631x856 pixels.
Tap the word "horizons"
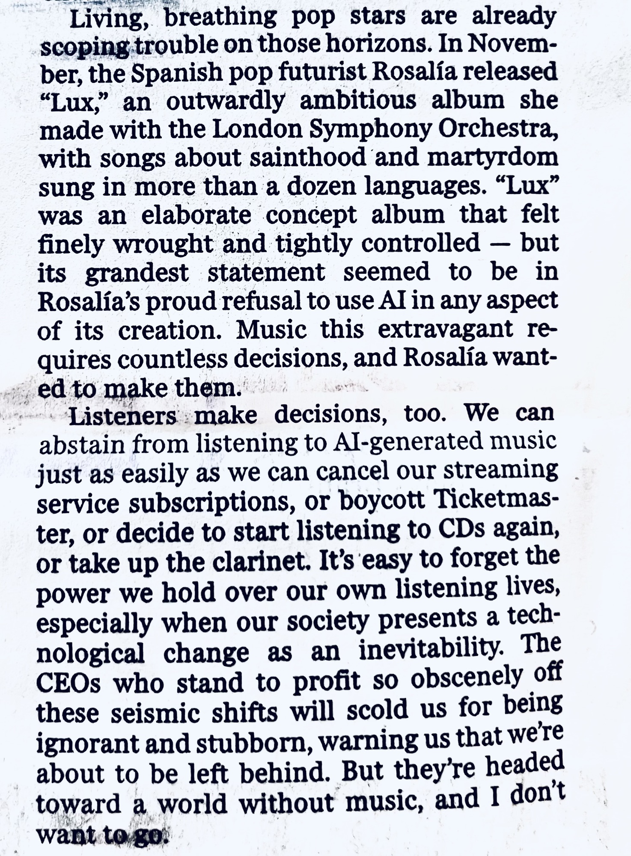point(376,44)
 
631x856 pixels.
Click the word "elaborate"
point(196,215)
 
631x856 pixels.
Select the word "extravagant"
point(446,330)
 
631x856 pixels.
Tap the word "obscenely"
point(467,678)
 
